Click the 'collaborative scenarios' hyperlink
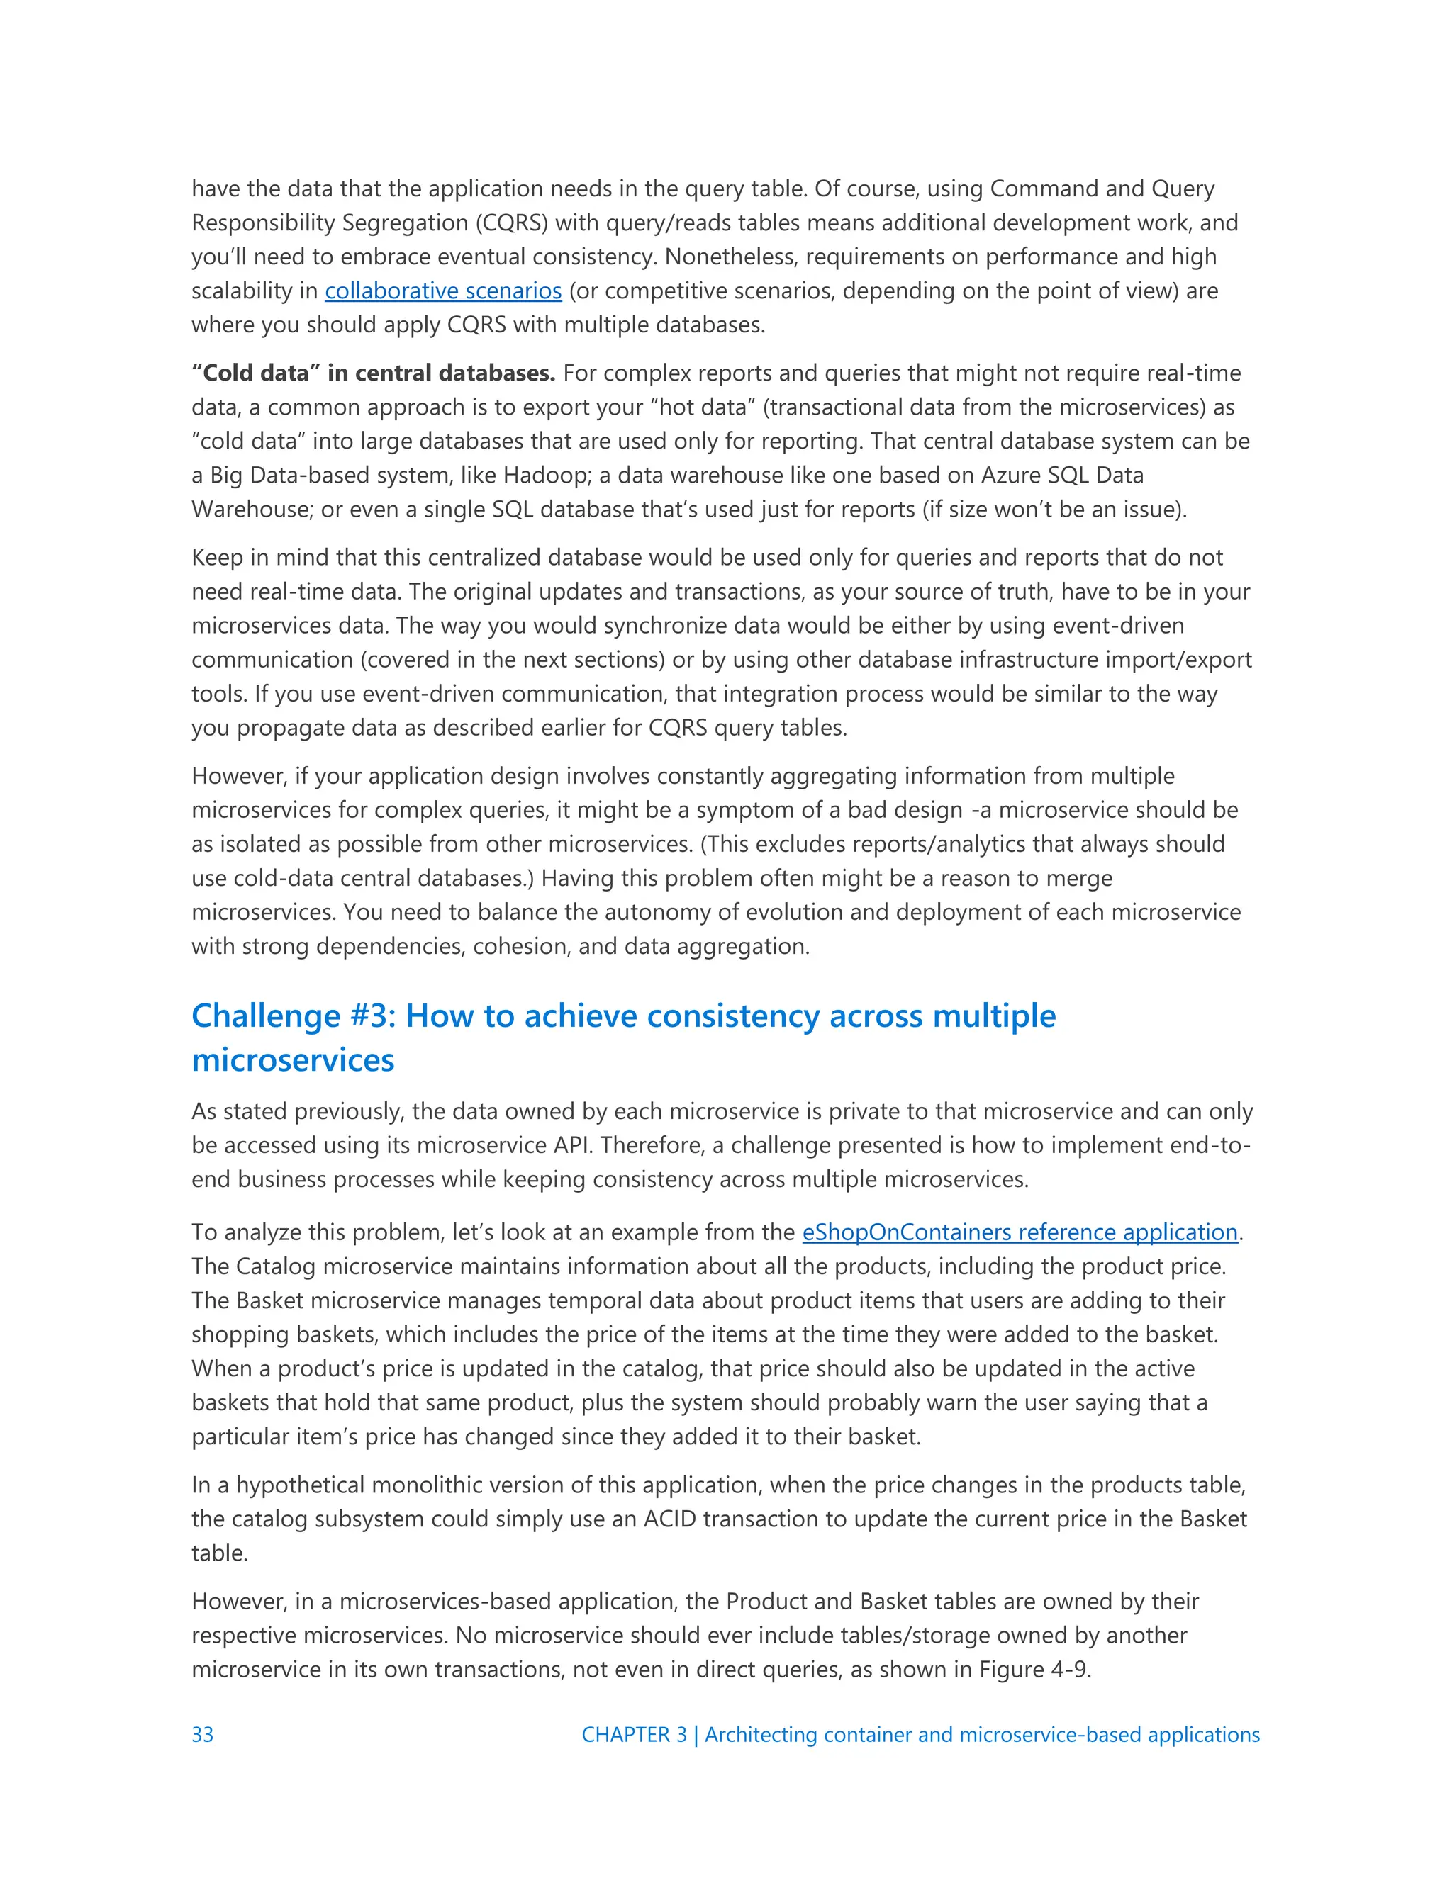[443, 291]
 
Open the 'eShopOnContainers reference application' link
[1020, 1232]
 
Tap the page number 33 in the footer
[202, 1734]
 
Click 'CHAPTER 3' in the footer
[634, 1734]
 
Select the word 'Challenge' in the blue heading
[266, 1016]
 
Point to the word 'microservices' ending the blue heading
[293, 1060]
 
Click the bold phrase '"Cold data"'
[255, 373]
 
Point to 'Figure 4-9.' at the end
[1035, 1670]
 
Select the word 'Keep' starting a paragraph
[217, 558]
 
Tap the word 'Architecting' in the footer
[761, 1734]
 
